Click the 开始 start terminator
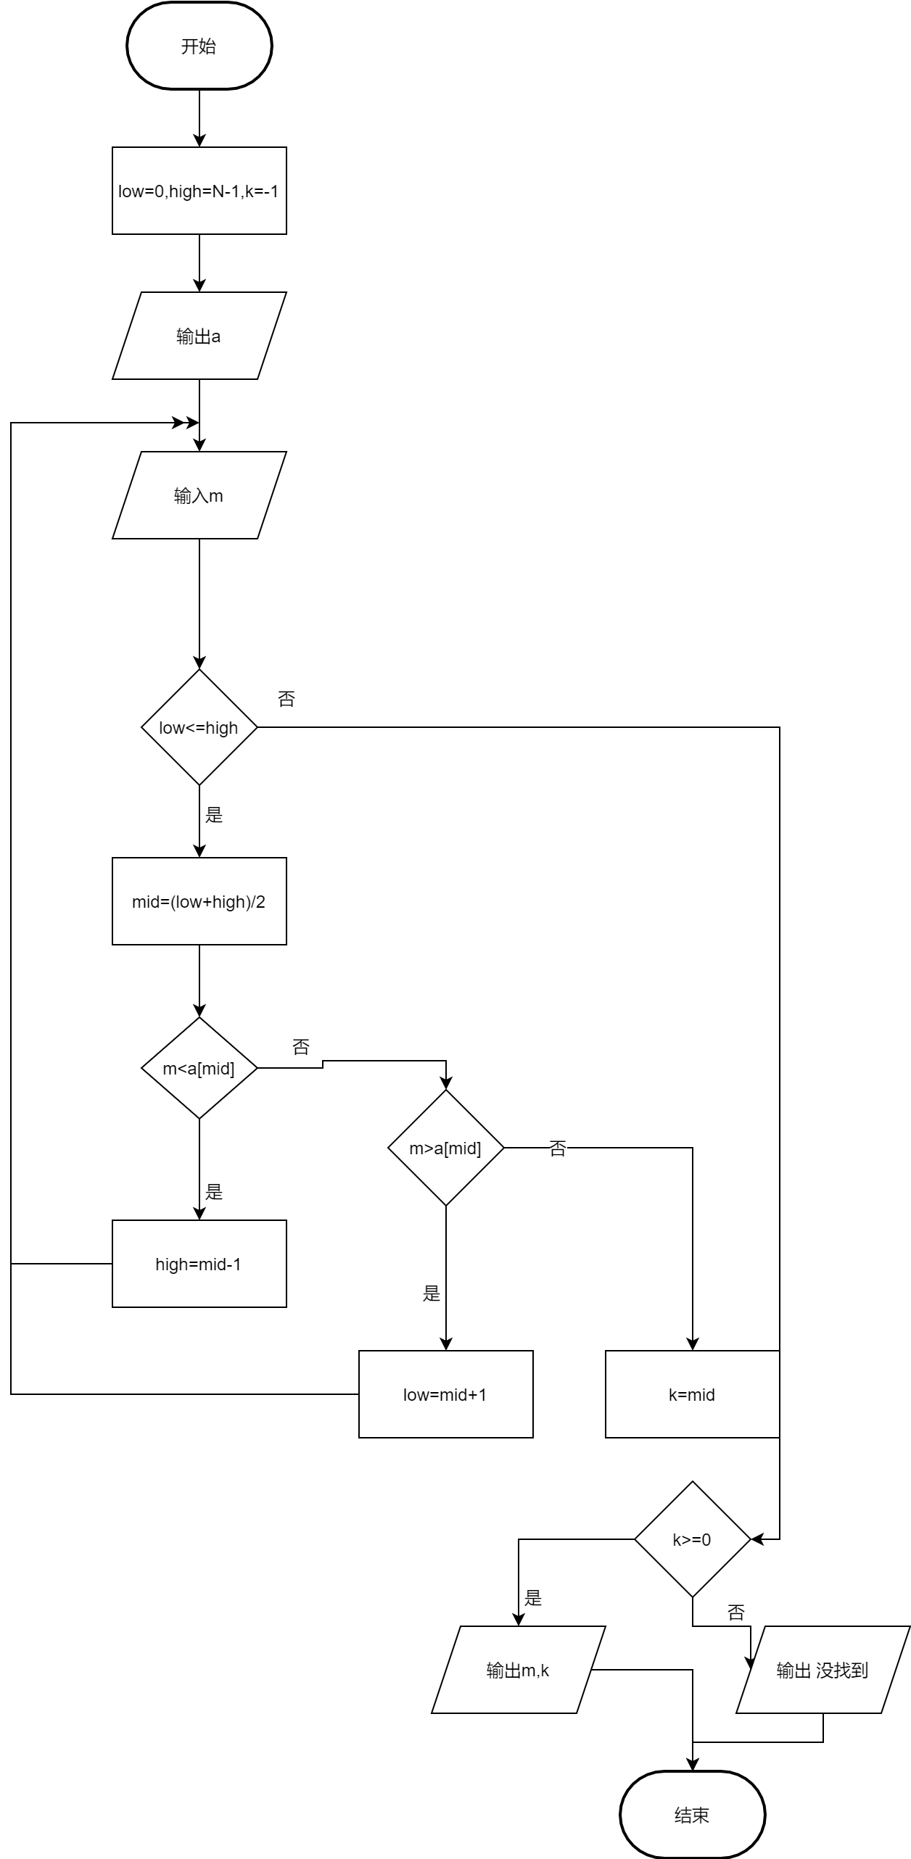point(199,46)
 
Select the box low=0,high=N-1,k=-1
point(199,191)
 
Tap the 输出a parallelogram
point(199,336)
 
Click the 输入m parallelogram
point(199,495)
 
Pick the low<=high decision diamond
point(199,727)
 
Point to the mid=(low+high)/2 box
point(199,901)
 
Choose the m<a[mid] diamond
point(199,1068)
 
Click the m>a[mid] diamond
point(446,1148)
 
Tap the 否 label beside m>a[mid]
point(558,1148)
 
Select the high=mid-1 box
point(199,1264)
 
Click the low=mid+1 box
point(446,1394)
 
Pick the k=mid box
point(693,1394)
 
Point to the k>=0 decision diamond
point(693,1539)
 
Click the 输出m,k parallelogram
point(519,1670)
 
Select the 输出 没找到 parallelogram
point(823,1670)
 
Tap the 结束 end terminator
point(693,1815)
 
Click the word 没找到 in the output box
point(842,1670)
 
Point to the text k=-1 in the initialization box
point(262,191)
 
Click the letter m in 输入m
point(216,496)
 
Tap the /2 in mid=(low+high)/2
point(258,902)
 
